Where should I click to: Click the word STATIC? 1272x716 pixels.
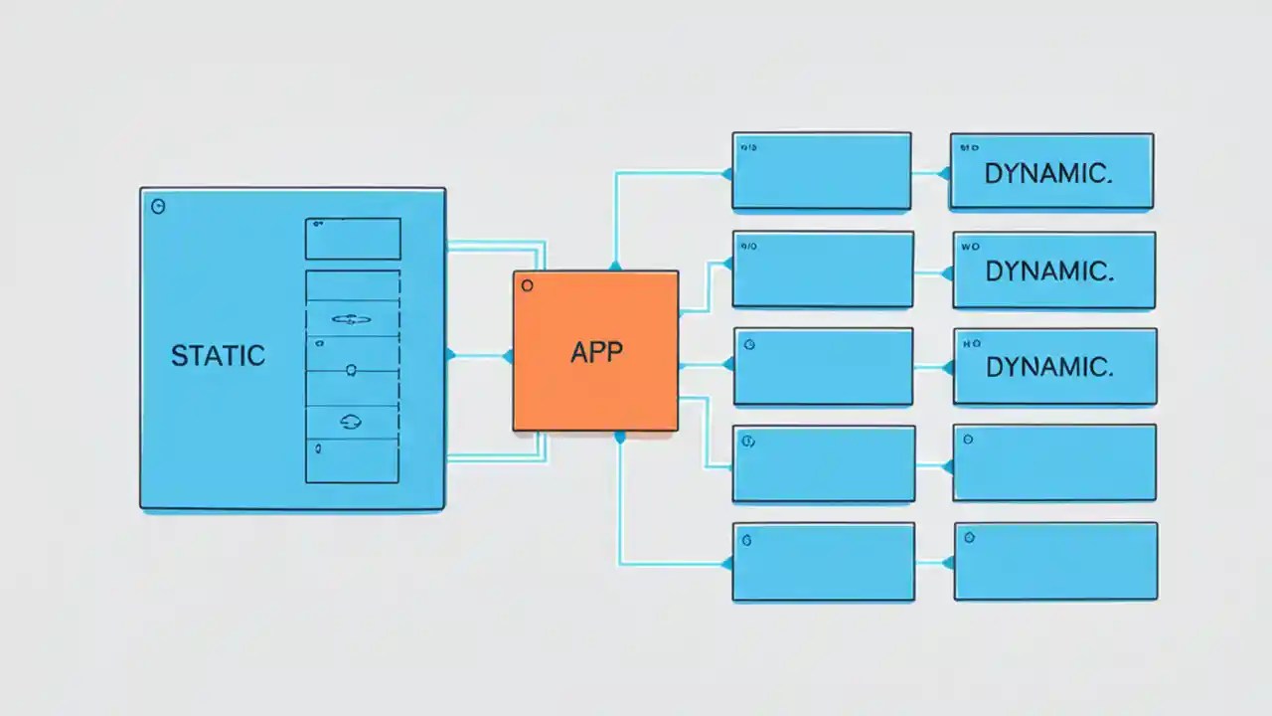(x=218, y=355)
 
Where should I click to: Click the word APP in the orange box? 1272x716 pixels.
(x=596, y=352)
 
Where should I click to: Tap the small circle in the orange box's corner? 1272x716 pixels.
(x=527, y=285)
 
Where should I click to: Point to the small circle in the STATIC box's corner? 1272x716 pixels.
(x=157, y=207)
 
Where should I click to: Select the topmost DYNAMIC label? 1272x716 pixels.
(x=1047, y=173)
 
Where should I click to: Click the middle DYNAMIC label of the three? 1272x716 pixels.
(x=1047, y=270)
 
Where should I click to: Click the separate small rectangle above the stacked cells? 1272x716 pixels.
(x=352, y=239)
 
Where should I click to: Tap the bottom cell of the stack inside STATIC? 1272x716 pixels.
(x=352, y=460)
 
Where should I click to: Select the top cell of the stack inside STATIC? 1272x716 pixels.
(x=352, y=284)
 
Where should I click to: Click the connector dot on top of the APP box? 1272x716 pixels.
(x=615, y=266)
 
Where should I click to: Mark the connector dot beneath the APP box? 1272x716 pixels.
(x=620, y=437)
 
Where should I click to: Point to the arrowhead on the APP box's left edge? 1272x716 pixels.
(x=508, y=355)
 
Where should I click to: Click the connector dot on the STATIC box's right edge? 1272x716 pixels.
(x=450, y=355)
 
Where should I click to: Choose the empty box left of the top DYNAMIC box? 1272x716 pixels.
(x=821, y=171)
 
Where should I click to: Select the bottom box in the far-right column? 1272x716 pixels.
(x=1055, y=561)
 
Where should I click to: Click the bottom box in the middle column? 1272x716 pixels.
(x=823, y=562)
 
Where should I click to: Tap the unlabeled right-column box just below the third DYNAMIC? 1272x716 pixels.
(x=1054, y=462)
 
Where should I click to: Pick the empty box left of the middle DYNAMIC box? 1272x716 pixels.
(x=823, y=269)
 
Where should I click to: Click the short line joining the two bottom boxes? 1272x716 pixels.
(x=934, y=563)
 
